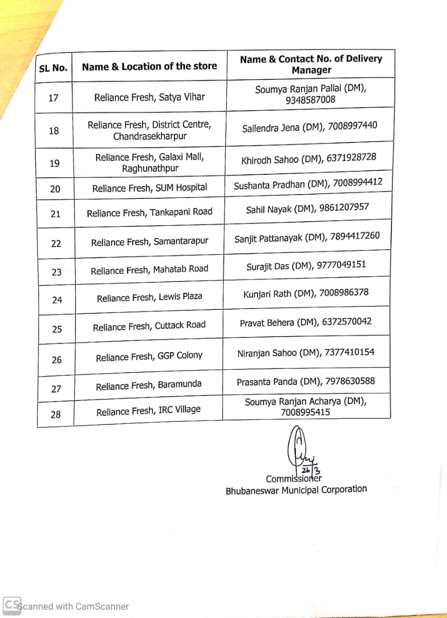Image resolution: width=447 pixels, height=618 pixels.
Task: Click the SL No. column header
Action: [x=53, y=68]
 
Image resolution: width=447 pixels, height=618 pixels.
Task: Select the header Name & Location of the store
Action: [x=149, y=67]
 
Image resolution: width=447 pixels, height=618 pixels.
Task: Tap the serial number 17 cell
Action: [x=54, y=98]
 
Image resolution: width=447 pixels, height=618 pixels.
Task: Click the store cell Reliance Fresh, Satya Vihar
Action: [x=149, y=97]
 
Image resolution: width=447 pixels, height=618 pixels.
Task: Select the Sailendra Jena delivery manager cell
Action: [x=309, y=127]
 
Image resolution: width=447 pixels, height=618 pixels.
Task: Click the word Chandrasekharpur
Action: [x=150, y=136]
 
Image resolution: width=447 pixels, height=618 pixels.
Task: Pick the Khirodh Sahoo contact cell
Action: [x=308, y=159]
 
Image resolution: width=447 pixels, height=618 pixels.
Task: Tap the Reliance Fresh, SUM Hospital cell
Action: [x=149, y=188]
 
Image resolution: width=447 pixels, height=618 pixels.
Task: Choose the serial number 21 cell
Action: [x=56, y=213]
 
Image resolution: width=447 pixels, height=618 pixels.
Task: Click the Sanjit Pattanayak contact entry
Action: [x=307, y=238]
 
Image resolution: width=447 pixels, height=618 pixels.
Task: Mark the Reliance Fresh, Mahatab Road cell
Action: [x=149, y=269]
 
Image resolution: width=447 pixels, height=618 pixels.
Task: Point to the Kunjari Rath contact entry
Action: [x=306, y=293]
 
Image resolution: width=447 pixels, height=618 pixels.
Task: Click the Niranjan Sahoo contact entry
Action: [x=305, y=353]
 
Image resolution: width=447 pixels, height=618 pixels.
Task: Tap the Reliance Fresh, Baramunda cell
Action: [x=148, y=386]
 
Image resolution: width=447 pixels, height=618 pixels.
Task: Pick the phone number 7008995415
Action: [x=305, y=412]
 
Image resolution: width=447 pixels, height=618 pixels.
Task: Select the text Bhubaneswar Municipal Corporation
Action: [x=296, y=490]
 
